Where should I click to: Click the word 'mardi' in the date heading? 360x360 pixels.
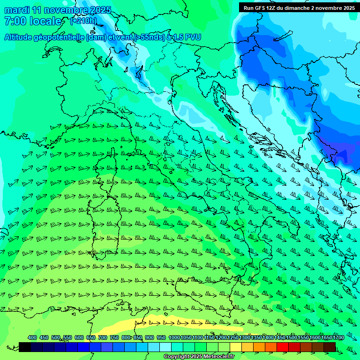pos(17,10)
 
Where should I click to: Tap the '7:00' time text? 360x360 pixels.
pos(15,21)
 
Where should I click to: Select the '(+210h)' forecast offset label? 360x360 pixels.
pos(84,21)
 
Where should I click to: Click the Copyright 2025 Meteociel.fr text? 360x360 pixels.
pos(199,357)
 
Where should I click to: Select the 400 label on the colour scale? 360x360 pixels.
pos(32,338)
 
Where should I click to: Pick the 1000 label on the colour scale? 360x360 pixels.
pos(174,338)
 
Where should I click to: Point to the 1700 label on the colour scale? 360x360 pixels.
pos(326,338)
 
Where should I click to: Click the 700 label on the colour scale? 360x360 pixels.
pos(102,338)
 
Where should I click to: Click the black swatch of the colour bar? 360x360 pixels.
pos(25,347)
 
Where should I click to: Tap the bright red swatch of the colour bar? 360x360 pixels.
pos(283,347)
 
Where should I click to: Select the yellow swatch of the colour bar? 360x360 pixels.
pos(236,347)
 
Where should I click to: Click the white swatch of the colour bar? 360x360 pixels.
pos(165,347)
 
